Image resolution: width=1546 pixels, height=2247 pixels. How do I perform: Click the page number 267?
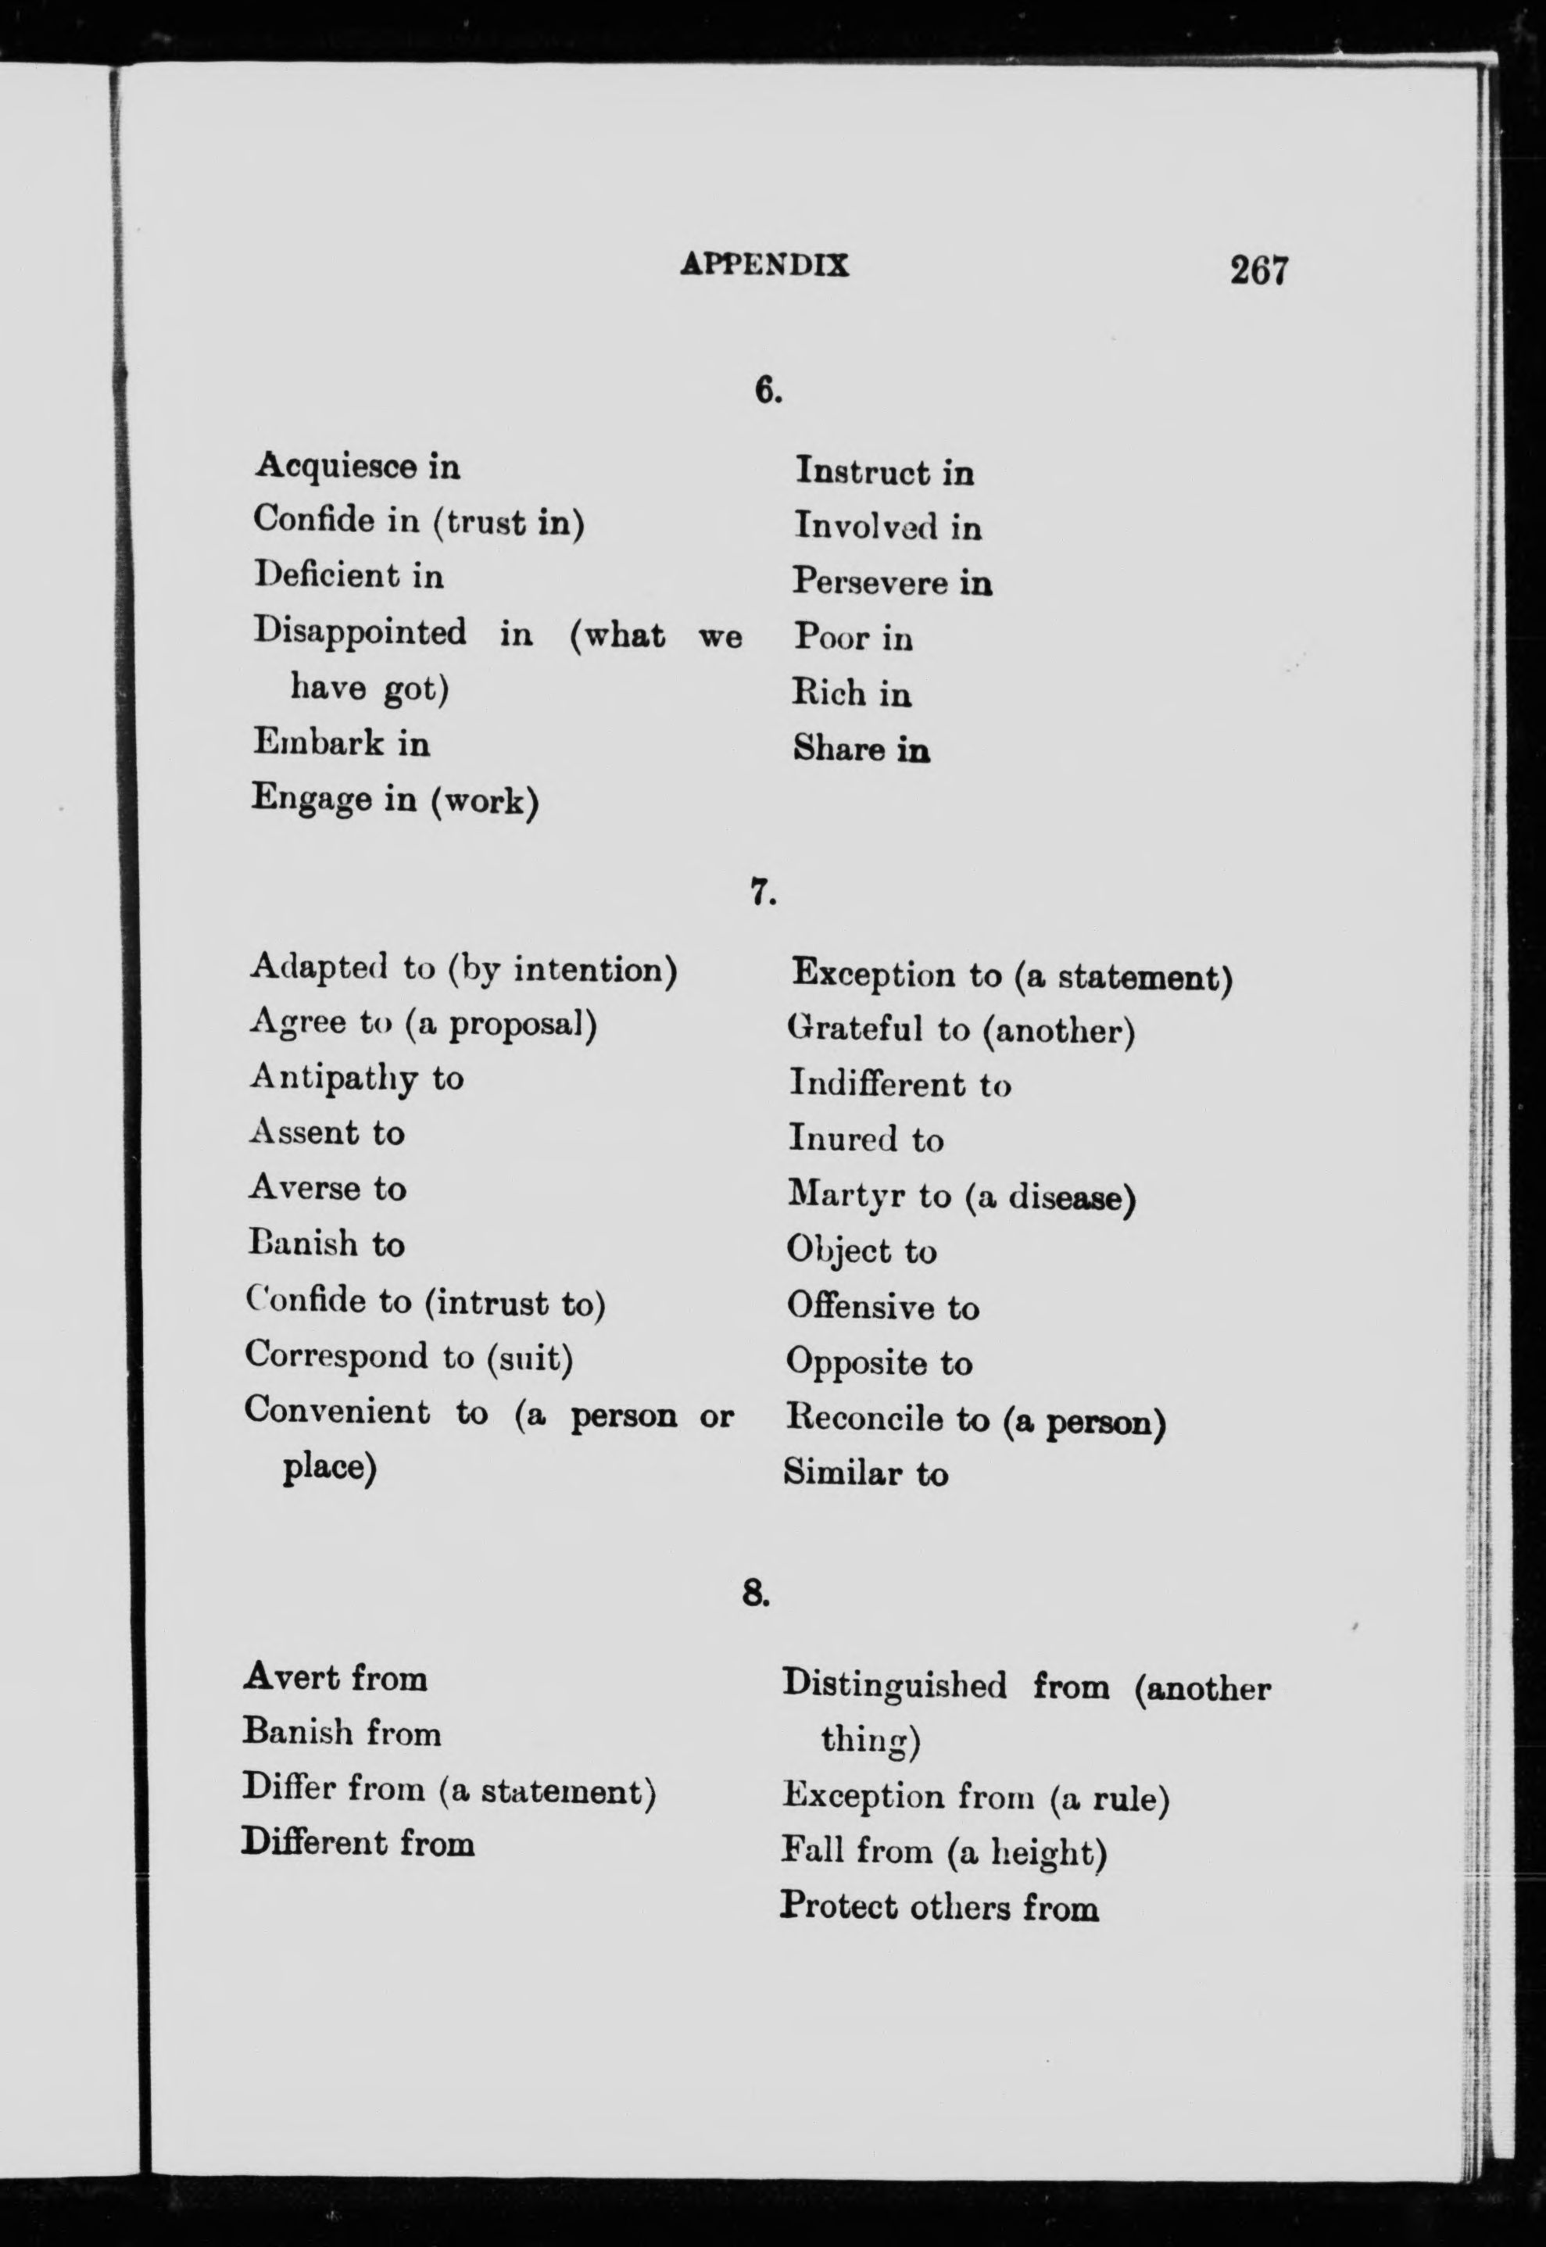coord(1258,270)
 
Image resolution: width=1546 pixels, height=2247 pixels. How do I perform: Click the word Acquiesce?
coord(336,467)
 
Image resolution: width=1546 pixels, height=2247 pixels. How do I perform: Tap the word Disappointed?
coord(360,632)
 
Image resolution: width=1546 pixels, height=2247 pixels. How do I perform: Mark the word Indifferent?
coord(877,1084)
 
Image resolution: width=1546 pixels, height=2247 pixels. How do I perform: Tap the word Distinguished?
coord(894,1684)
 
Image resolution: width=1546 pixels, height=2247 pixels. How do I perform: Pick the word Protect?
coord(839,1907)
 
